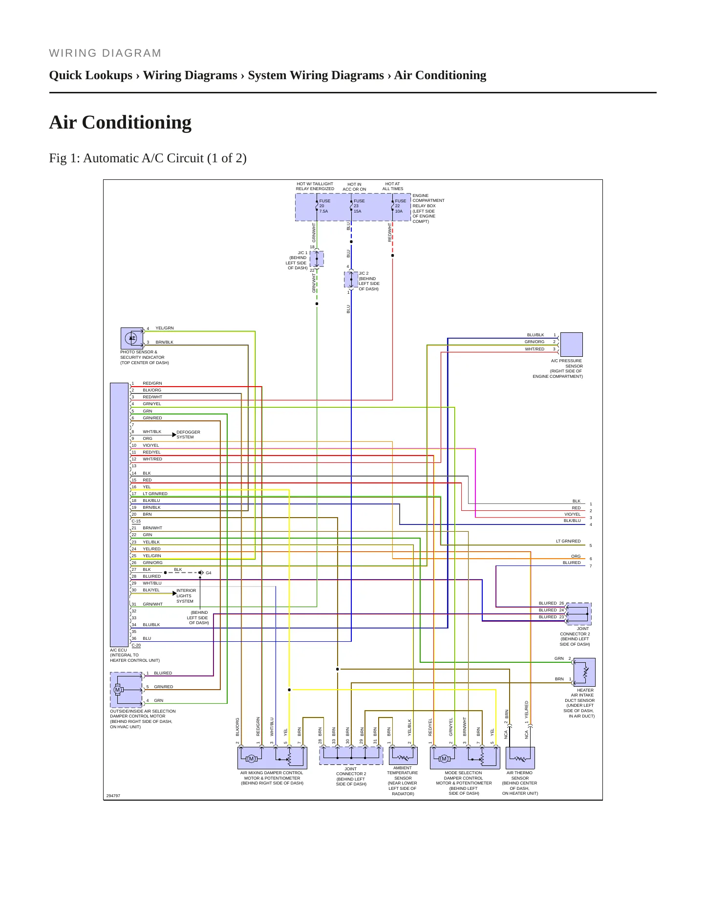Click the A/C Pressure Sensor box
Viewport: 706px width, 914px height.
[x=571, y=345]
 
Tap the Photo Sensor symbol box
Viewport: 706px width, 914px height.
[x=132, y=338]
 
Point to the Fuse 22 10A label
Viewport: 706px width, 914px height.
[x=400, y=206]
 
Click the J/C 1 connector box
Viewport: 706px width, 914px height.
[x=317, y=259]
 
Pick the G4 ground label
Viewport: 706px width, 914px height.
[x=209, y=573]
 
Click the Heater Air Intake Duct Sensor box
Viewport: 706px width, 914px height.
[x=584, y=672]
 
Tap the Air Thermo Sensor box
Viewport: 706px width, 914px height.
[x=520, y=758]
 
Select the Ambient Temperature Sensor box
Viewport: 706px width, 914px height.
[x=403, y=756]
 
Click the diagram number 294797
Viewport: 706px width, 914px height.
[x=113, y=796]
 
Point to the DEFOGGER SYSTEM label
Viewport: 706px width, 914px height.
[x=188, y=435]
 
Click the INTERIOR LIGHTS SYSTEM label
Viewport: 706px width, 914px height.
[x=186, y=596]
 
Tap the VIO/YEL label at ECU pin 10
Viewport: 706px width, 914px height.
[x=151, y=445]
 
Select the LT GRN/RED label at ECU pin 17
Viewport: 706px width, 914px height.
[x=155, y=494]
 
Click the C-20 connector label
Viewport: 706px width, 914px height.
[x=136, y=645]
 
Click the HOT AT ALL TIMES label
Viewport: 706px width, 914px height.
[x=393, y=186]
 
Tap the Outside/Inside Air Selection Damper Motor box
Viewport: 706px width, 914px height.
[x=126, y=690]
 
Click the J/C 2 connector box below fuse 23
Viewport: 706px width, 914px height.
[x=351, y=280]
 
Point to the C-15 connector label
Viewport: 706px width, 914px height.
[x=136, y=521]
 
